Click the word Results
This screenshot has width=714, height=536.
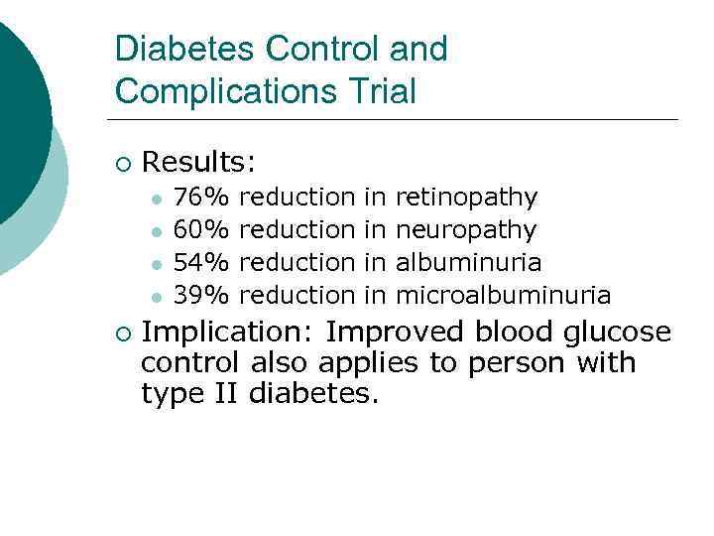click(199, 161)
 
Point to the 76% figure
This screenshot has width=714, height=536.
click(201, 198)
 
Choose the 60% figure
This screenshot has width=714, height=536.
click(201, 230)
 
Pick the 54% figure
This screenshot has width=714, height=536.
click(201, 263)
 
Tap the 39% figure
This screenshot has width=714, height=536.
click(201, 296)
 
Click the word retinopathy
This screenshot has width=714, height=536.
click(466, 198)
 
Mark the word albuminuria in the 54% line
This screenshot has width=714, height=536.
click(468, 263)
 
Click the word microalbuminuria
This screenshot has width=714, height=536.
click(503, 296)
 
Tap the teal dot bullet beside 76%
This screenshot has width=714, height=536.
click(156, 199)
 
